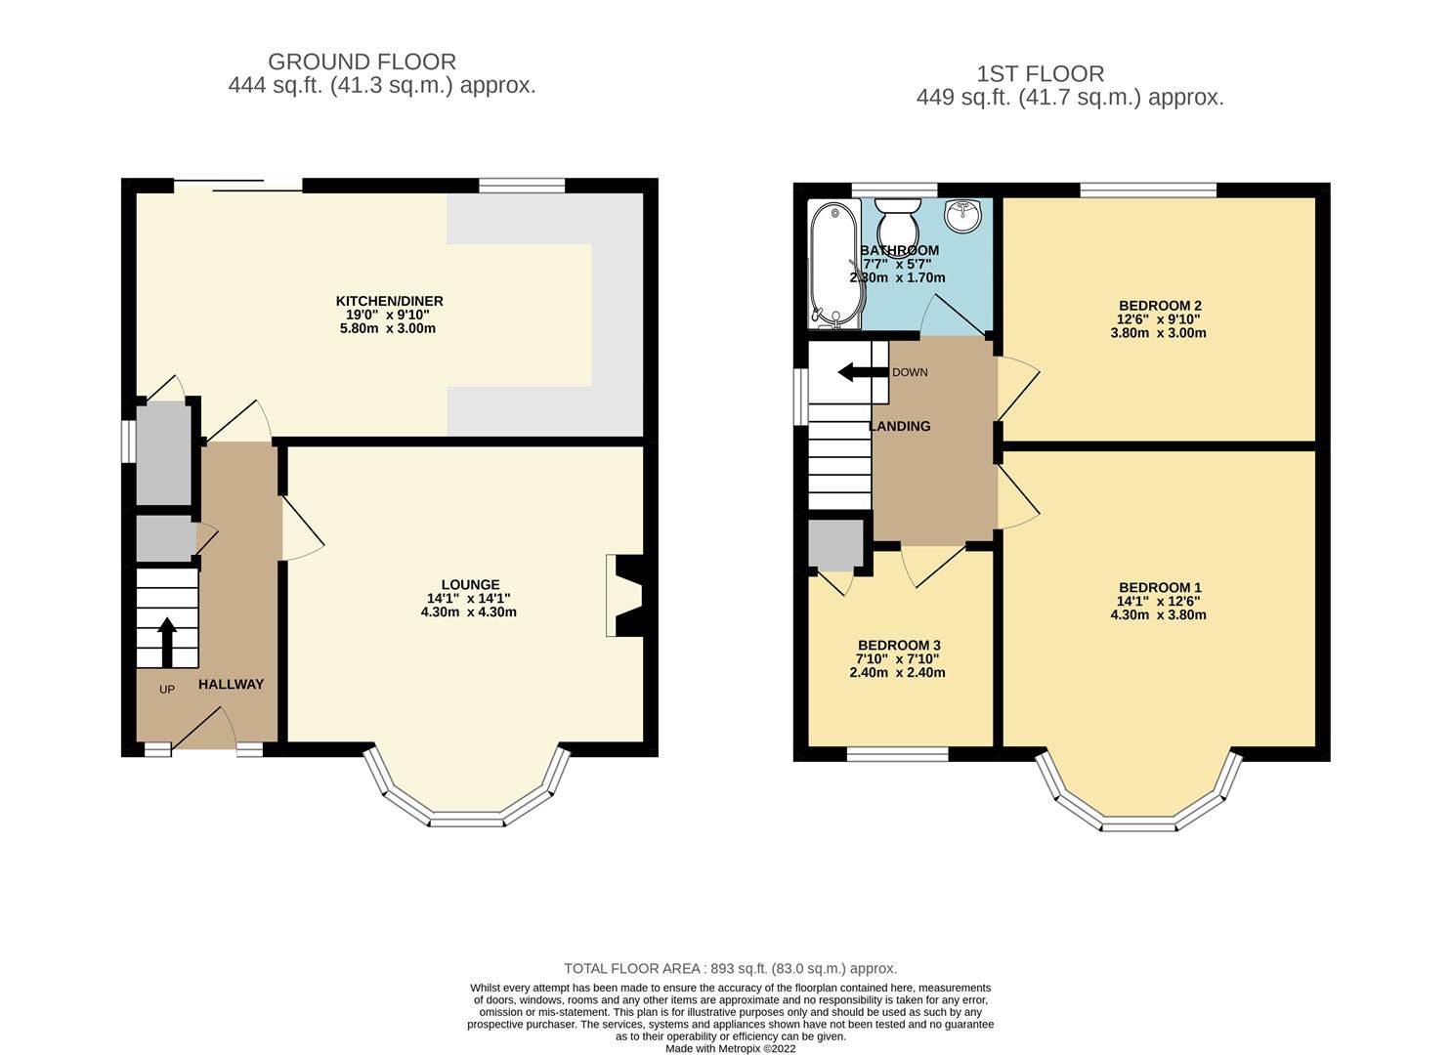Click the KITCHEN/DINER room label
pyautogui.click(x=389, y=301)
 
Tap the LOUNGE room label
pyautogui.click(x=470, y=585)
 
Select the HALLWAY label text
pyautogui.click(x=231, y=685)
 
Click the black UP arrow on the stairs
pyautogui.click(x=167, y=641)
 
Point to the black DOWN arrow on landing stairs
pyautogui.click(x=859, y=372)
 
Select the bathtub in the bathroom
pyautogui.click(x=832, y=264)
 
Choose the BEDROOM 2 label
pyautogui.click(x=1158, y=305)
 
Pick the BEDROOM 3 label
pyautogui.click(x=899, y=646)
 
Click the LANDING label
pyautogui.click(x=900, y=427)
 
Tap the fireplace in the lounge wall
pyautogui.click(x=625, y=596)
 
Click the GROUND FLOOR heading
pyautogui.click(x=362, y=63)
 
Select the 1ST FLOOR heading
pyautogui.click(x=1041, y=74)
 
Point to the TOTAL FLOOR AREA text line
pyautogui.click(x=730, y=969)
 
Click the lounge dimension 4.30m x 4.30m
pyautogui.click(x=469, y=612)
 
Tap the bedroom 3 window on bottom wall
pyautogui.click(x=897, y=754)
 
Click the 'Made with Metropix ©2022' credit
pyautogui.click(x=730, y=1048)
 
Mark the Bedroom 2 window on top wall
pyautogui.click(x=1148, y=190)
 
